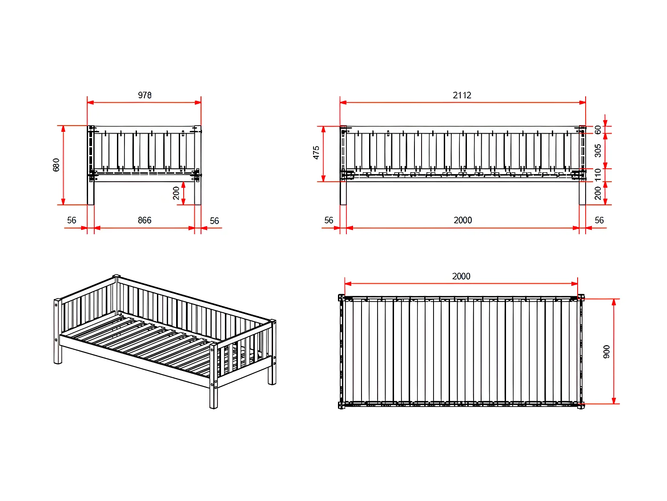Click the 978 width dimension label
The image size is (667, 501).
click(145, 95)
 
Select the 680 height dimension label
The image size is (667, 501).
click(56, 165)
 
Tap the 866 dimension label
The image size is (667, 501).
click(145, 220)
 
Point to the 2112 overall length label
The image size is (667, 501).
click(462, 95)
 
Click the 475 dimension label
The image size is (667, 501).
click(316, 152)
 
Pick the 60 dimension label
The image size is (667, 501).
click(598, 130)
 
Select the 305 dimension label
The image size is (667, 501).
click(598, 151)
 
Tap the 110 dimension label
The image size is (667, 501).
click(598, 175)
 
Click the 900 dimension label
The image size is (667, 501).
click(607, 351)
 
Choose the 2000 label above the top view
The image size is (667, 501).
click(461, 277)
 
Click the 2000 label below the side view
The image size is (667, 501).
click(463, 220)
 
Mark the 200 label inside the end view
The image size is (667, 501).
click(177, 193)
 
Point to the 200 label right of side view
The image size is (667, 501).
click(598, 193)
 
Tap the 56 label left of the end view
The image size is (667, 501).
click(72, 220)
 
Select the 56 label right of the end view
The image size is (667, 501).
click(214, 221)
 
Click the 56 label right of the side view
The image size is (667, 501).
click(599, 220)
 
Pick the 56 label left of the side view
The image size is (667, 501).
click(329, 220)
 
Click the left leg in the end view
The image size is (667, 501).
click(91, 193)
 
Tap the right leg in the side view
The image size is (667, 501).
click(582, 193)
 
